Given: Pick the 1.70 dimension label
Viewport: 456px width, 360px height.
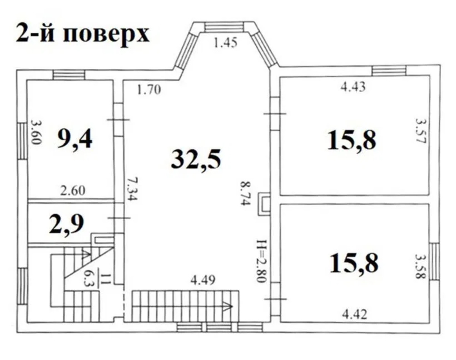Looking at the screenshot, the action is pos(149,89).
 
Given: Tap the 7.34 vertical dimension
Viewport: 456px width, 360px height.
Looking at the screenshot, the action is pos(133,189).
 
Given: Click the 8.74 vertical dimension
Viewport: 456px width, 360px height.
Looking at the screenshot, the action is pos(245,193).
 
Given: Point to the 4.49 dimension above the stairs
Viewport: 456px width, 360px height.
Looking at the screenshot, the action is pos(203,280).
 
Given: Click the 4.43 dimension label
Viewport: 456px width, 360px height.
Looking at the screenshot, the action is pos(353,87).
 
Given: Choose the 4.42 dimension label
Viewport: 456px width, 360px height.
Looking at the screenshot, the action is pos(354,314).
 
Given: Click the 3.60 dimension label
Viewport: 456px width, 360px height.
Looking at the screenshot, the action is pos(35,132).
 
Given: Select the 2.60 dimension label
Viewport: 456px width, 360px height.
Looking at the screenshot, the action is pos(73,190).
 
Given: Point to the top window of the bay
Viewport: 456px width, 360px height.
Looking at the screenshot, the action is pos(225,28).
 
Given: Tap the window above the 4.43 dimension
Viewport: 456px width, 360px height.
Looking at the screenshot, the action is pos(389,70).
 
